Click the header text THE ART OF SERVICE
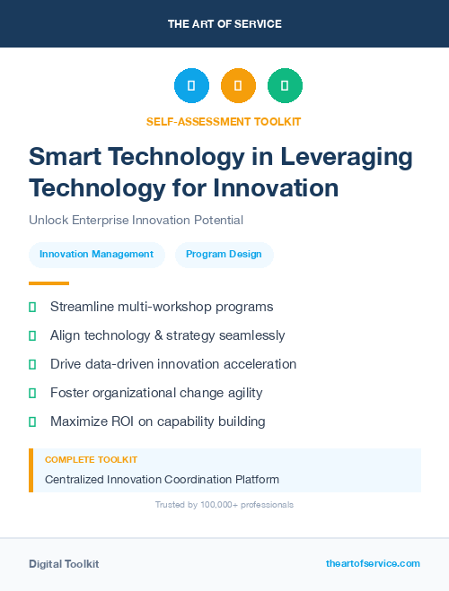coord(224,23)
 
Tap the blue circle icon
coord(191,86)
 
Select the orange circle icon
coord(238,86)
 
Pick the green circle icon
coord(285,86)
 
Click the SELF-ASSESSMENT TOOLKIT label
coord(224,121)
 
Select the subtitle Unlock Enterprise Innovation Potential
coord(136,220)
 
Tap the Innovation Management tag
coord(97,255)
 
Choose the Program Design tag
coord(224,255)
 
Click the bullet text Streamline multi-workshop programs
coord(162,307)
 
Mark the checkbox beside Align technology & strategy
coord(32,335)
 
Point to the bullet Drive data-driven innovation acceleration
coord(173,364)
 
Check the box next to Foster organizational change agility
coord(32,393)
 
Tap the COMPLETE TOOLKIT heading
coord(91,460)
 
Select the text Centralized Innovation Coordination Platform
coord(162,480)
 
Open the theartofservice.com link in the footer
coord(373,563)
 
